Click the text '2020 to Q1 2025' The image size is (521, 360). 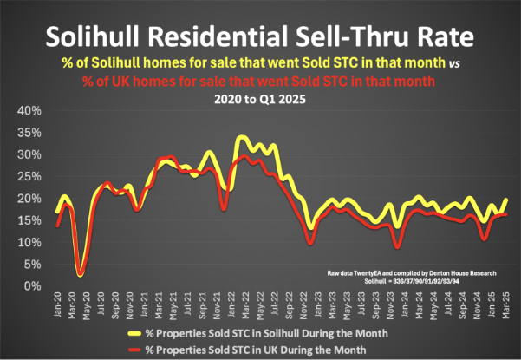click(x=261, y=98)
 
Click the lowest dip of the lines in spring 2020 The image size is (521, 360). click(x=80, y=274)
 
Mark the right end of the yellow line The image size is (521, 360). click(x=506, y=200)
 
